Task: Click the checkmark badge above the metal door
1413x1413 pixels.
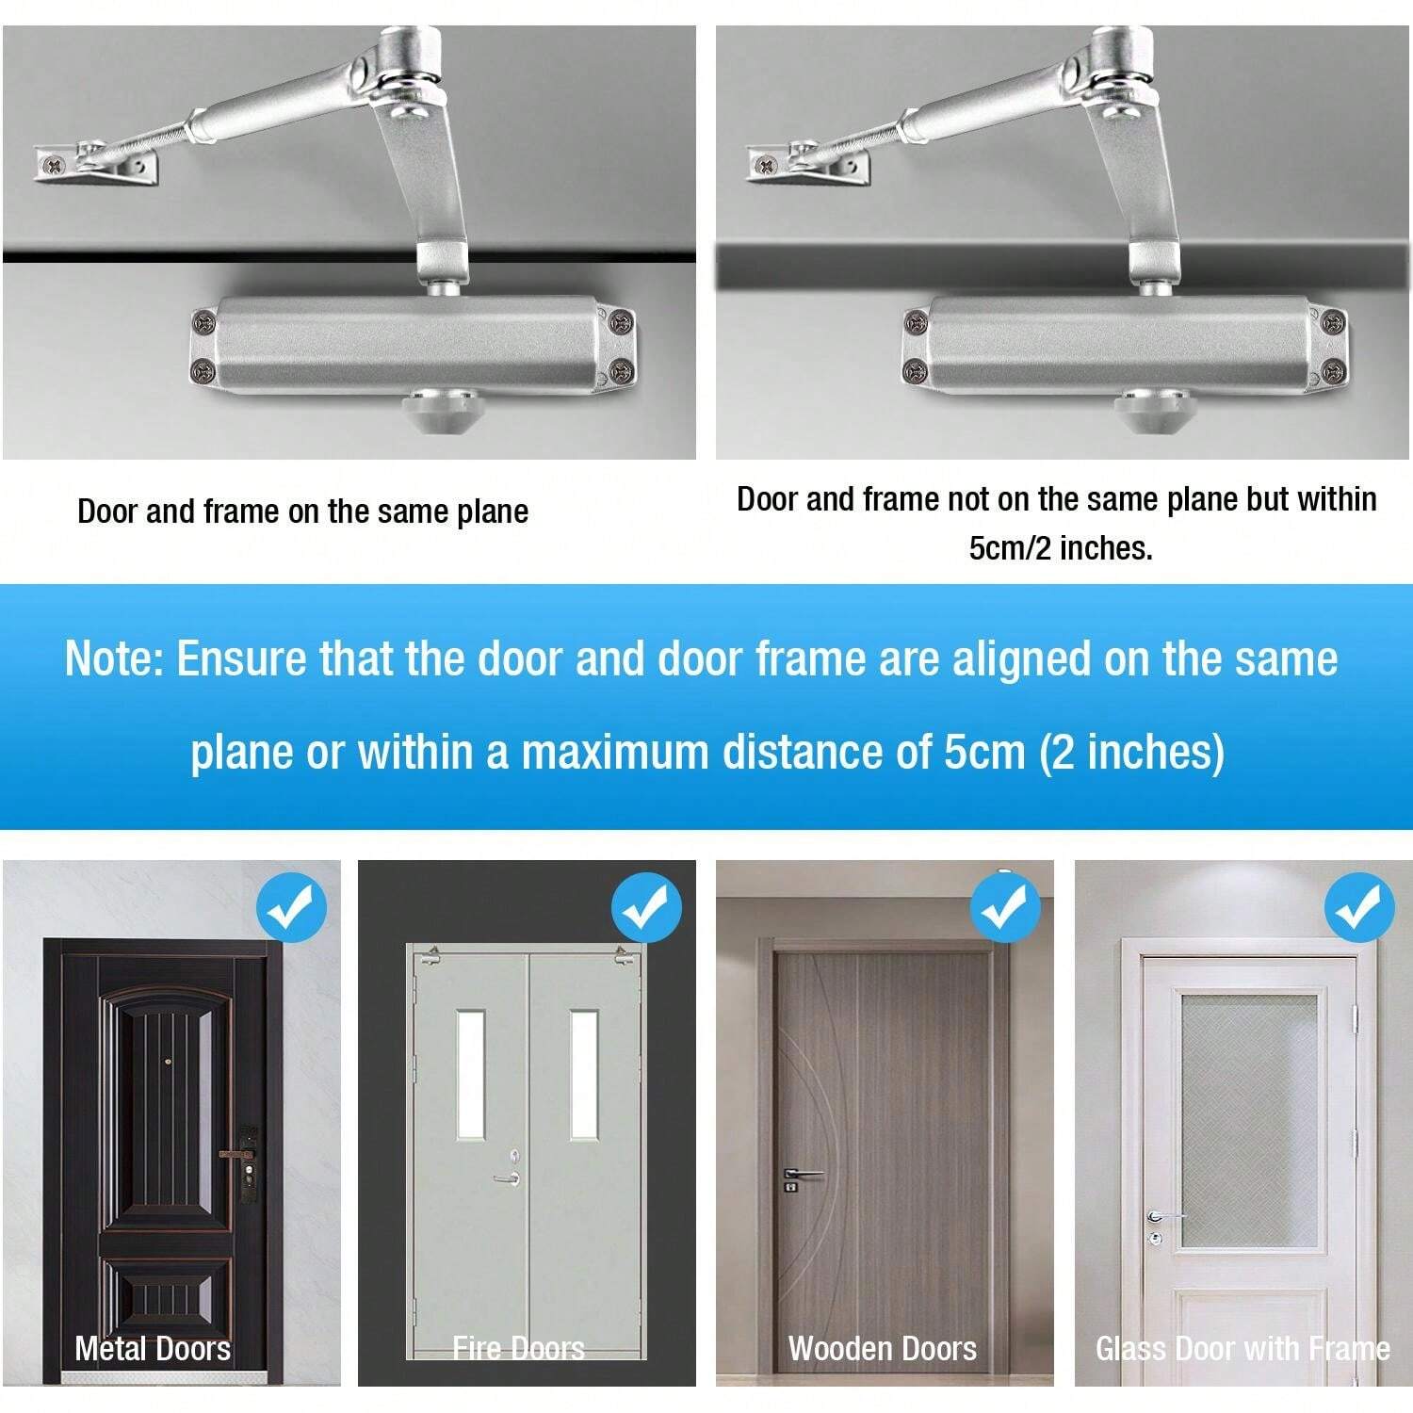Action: pyautogui.click(x=291, y=908)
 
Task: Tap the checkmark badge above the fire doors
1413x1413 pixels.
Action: pyautogui.click(x=646, y=908)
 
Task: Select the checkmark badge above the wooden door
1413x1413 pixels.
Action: pyautogui.click(x=1005, y=908)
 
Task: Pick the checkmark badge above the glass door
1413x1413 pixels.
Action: pyautogui.click(x=1358, y=908)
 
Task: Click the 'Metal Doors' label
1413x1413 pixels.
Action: pyautogui.click(x=153, y=1349)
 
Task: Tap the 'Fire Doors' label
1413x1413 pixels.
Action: pyautogui.click(x=518, y=1349)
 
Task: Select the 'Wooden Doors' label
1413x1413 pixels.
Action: pyautogui.click(x=883, y=1349)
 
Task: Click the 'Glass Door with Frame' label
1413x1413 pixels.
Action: pyautogui.click(x=1242, y=1349)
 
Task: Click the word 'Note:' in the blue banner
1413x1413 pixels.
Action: pyautogui.click(x=113, y=658)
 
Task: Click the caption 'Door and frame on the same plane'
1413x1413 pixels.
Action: pyautogui.click(x=302, y=512)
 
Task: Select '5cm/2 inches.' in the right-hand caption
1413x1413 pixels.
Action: pyautogui.click(x=1061, y=548)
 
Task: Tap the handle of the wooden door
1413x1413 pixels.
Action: pyautogui.click(x=802, y=1175)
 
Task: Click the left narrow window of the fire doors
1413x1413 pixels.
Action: pyautogui.click(x=471, y=1075)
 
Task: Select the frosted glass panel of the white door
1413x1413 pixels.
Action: pyautogui.click(x=1249, y=1121)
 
